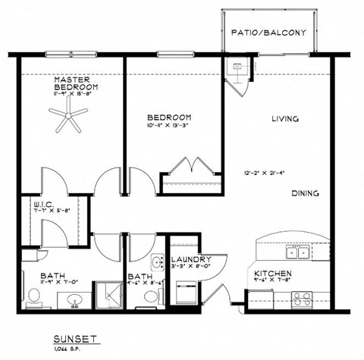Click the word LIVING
click(x=284, y=119)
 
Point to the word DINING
click(x=305, y=193)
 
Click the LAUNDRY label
click(x=185, y=260)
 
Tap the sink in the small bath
click(x=157, y=263)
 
